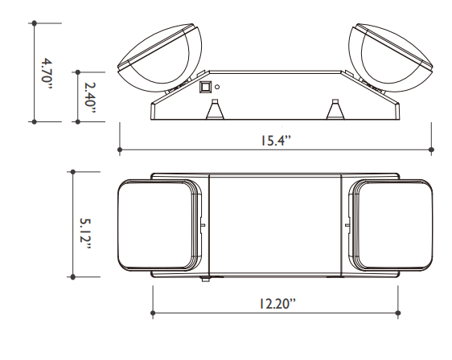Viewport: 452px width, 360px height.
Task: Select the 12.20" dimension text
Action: [x=275, y=303]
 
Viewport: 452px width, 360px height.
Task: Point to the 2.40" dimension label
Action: [x=88, y=96]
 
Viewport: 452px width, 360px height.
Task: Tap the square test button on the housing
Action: [x=204, y=84]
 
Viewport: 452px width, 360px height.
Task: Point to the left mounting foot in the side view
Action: [x=215, y=110]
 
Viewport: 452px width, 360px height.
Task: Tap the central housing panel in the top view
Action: [x=275, y=224]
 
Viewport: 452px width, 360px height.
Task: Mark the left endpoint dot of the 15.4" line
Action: [x=120, y=149]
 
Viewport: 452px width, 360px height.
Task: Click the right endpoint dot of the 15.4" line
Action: [x=432, y=149]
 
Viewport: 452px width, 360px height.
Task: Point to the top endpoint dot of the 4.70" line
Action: [x=34, y=23]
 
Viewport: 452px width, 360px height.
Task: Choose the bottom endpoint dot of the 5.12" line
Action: [x=73, y=276]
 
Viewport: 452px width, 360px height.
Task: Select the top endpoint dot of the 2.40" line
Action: [x=75, y=71]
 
